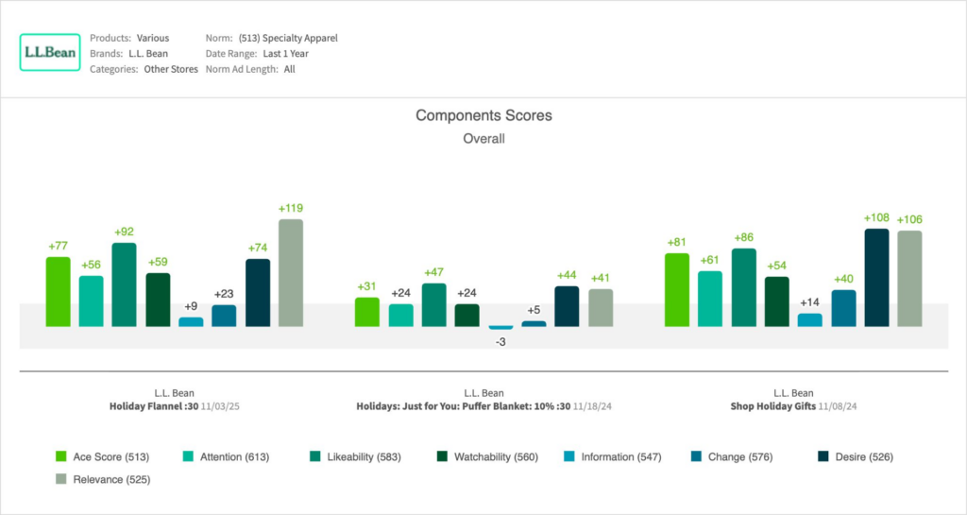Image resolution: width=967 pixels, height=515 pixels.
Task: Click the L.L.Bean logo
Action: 50,53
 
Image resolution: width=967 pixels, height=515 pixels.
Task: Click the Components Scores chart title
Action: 483,115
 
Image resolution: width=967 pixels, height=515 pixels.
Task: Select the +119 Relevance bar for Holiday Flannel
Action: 291,273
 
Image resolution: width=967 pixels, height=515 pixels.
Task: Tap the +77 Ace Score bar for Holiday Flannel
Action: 58,292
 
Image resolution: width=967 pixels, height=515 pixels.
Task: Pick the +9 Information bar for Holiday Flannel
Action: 191,322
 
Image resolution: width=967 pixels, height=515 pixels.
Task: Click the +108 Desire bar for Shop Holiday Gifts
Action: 876,278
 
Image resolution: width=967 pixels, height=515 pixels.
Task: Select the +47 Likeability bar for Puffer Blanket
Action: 433,305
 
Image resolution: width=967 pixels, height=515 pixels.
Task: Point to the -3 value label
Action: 500,341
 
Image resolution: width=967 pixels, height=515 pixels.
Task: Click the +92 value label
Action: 124,232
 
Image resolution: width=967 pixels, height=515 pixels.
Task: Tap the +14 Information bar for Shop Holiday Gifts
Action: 810,320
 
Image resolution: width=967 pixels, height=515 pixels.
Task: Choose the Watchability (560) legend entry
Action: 488,457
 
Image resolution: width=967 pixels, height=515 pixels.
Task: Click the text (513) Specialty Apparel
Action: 288,39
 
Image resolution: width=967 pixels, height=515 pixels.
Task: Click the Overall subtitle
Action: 483,139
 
